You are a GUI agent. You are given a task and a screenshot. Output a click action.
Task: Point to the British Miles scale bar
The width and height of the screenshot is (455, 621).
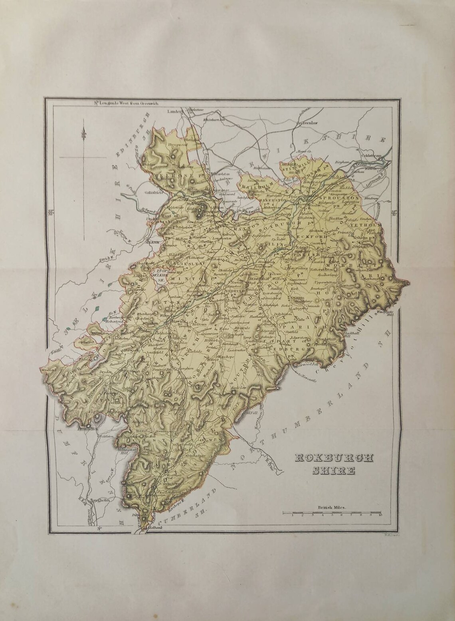tap(332, 512)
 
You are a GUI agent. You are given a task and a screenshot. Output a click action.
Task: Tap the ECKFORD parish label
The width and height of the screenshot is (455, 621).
tap(315, 236)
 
